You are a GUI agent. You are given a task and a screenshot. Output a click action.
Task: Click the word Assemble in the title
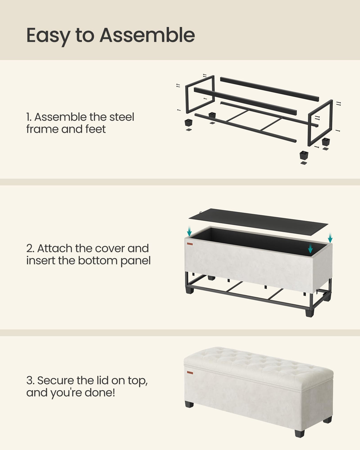coord(147,35)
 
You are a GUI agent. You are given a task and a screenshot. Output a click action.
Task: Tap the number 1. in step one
coord(29,117)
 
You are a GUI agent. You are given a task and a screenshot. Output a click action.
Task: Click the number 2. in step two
coord(30,248)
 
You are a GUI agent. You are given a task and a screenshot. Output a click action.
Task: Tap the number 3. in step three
coord(31,380)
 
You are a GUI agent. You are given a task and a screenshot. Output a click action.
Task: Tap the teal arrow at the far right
coord(330,237)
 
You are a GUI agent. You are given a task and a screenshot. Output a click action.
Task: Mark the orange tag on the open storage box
coord(190,244)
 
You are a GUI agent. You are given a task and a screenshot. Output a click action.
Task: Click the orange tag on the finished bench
coord(190,373)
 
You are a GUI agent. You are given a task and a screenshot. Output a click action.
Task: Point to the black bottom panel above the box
coord(258,218)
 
